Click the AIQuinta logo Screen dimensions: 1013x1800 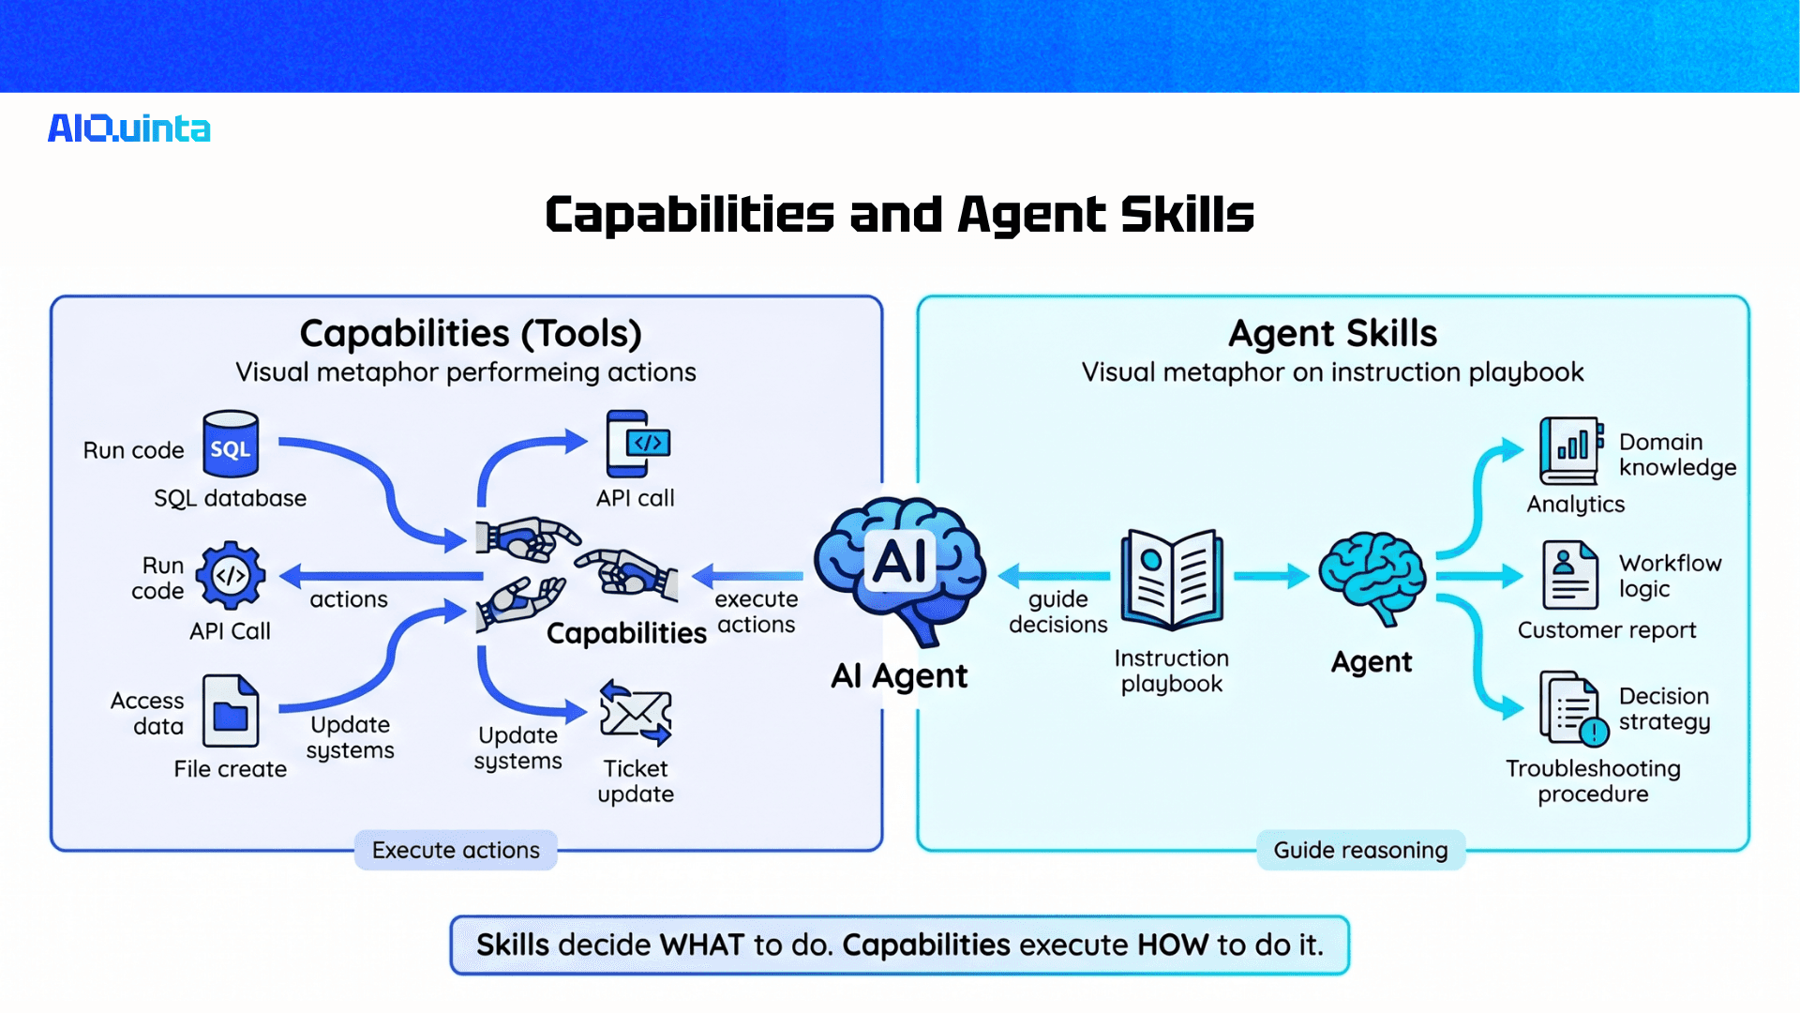[x=129, y=129]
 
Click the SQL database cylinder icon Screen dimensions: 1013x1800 [x=231, y=445]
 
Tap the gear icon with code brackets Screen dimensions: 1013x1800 [x=231, y=575]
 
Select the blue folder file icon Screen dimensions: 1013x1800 [x=231, y=712]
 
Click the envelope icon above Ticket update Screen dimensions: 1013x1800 [x=636, y=713]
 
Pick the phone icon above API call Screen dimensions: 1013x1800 [x=637, y=444]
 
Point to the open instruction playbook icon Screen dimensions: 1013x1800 [x=1172, y=579]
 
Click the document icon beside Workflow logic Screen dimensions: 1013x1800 [x=1569, y=576]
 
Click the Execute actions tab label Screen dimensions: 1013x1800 [x=456, y=850]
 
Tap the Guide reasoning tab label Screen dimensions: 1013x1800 [x=1360, y=850]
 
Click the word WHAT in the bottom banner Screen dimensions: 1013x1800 [x=701, y=945]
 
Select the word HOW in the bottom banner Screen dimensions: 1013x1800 [x=1172, y=945]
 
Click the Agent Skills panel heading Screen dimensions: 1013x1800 [x=1332, y=333]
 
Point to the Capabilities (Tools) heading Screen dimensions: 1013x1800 [x=471, y=333]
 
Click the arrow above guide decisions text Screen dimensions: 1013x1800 [x=1054, y=575]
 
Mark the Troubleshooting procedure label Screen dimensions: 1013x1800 [x=1593, y=780]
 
